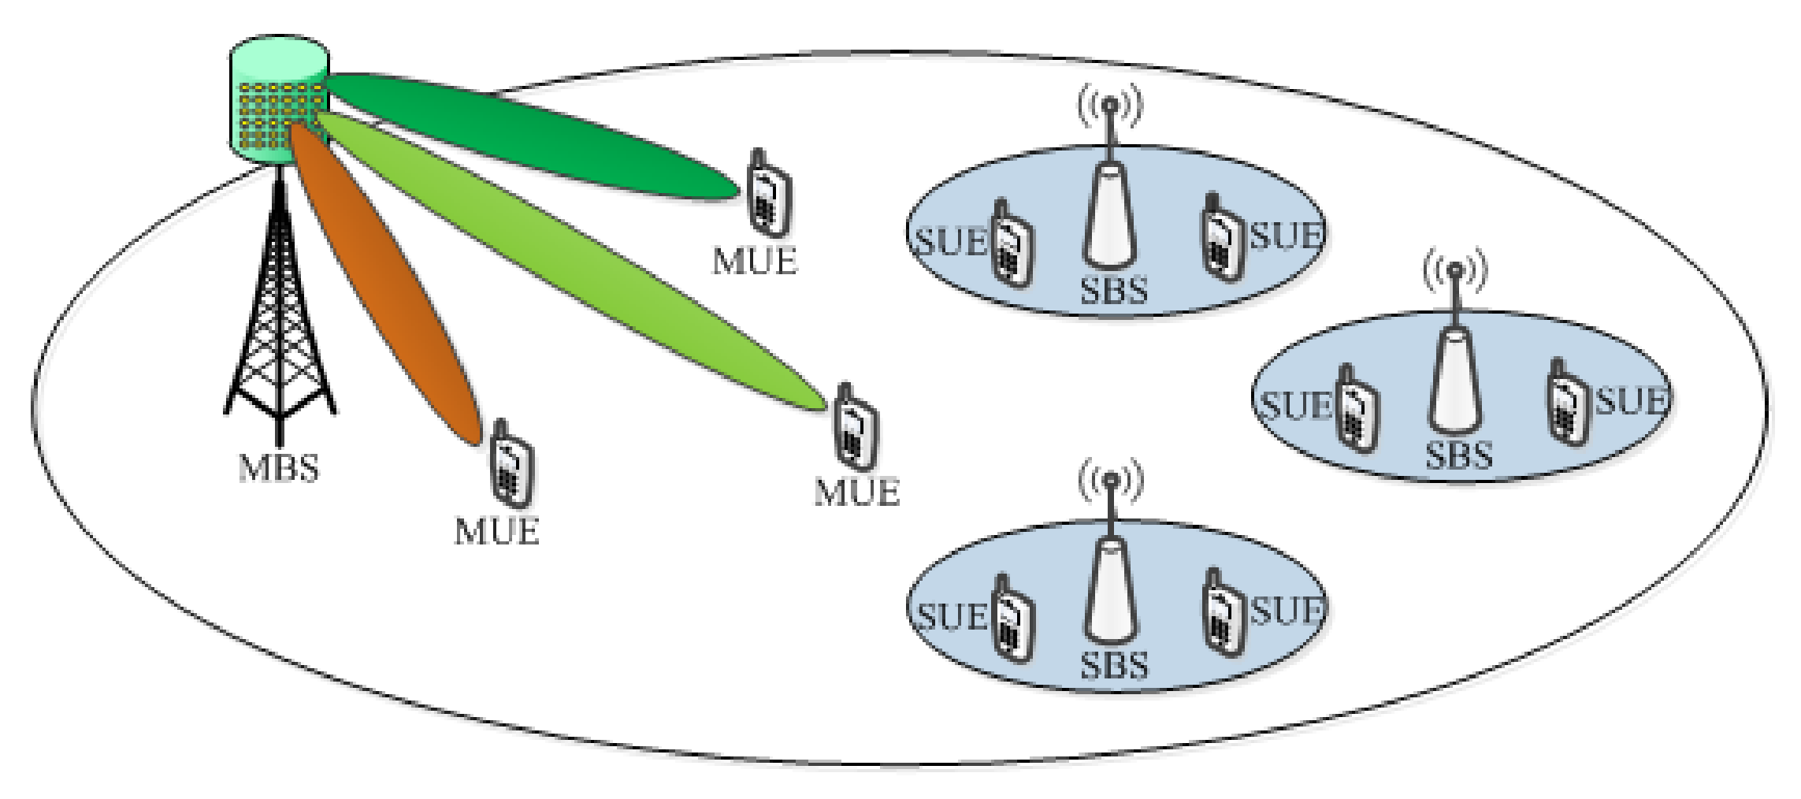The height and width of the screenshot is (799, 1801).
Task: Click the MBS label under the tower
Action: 279,468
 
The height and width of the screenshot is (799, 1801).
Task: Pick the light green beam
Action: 567,260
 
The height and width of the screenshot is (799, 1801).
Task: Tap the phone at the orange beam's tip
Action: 511,465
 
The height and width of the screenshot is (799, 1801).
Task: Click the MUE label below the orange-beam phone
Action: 496,531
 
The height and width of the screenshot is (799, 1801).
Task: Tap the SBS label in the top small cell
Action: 1113,291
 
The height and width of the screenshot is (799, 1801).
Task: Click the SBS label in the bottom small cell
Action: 1113,666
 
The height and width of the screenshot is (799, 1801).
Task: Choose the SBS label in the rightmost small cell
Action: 1458,456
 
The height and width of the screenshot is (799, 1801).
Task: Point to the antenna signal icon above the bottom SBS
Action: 1110,481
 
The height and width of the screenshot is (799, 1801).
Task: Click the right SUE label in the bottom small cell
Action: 1287,611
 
